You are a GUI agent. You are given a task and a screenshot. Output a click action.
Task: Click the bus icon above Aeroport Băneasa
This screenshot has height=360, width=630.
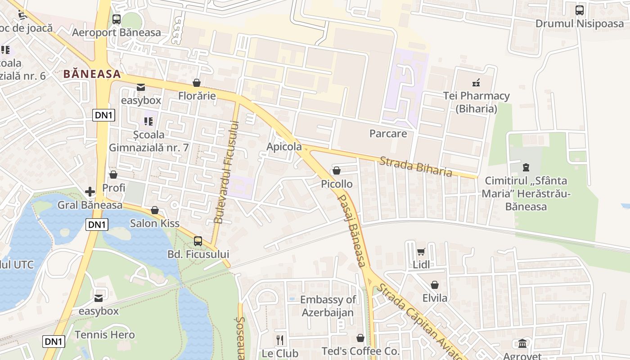click(116, 19)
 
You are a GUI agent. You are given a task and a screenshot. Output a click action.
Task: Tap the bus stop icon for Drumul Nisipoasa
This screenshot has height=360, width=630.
click(580, 10)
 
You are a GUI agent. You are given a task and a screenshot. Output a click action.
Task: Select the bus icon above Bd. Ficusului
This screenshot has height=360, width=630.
click(198, 241)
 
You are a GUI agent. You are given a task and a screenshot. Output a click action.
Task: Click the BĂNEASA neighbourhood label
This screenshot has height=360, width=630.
click(92, 74)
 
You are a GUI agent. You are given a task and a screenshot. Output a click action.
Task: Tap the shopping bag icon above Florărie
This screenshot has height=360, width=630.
click(197, 83)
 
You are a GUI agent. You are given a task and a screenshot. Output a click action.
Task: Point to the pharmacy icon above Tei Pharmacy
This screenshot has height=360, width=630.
click(476, 82)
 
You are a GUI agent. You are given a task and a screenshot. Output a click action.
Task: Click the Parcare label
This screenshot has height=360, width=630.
click(388, 134)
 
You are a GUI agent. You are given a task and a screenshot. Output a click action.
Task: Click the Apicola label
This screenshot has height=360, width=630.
click(284, 147)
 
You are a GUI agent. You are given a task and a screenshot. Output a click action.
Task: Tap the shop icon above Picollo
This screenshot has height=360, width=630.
click(336, 171)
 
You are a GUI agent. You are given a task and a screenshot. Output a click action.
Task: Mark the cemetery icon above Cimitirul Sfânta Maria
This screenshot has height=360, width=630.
click(525, 168)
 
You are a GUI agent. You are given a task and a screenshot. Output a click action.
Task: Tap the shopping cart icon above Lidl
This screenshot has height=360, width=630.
click(421, 252)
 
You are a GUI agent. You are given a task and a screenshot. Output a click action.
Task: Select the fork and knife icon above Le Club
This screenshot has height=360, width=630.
click(280, 340)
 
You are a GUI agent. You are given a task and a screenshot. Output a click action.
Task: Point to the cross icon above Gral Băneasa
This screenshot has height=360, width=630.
click(90, 192)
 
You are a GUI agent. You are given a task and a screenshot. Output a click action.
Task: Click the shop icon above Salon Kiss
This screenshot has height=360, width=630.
click(155, 210)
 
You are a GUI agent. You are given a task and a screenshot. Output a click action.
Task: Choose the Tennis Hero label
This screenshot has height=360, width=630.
click(104, 335)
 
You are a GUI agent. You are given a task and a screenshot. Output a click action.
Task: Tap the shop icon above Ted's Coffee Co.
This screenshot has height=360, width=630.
click(360, 338)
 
